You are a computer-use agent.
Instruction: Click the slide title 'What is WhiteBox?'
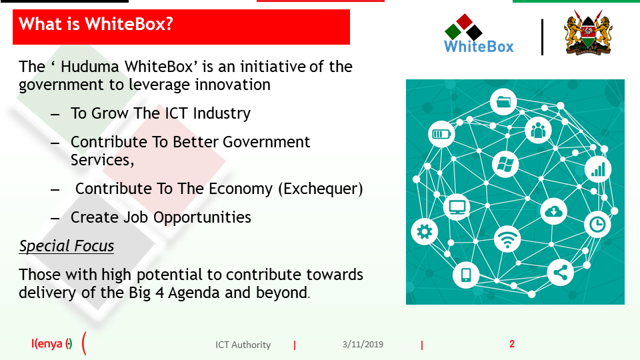[96, 24]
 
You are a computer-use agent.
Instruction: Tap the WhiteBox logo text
[479, 47]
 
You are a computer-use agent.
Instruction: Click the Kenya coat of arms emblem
[588, 33]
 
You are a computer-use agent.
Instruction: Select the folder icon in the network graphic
[503, 101]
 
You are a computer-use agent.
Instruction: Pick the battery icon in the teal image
[441, 134]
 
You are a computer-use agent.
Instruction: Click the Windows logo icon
[505, 165]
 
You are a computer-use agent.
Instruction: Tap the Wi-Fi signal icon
[507, 239]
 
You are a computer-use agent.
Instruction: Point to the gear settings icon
[425, 232]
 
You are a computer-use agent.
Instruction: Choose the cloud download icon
[554, 211]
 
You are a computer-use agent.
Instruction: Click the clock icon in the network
[597, 224]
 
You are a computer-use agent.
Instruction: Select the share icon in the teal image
[560, 272]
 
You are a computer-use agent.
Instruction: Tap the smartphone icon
[466, 275]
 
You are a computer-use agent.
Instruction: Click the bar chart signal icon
[598, 169]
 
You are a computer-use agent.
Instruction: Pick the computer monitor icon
[457, 207]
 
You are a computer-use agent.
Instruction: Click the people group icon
[538, 130]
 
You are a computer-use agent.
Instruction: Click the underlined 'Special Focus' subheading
[67, 246]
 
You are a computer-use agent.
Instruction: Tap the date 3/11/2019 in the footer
[363, 345]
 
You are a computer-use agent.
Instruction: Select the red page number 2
[512, 344]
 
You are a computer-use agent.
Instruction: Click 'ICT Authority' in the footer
[243, 345]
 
